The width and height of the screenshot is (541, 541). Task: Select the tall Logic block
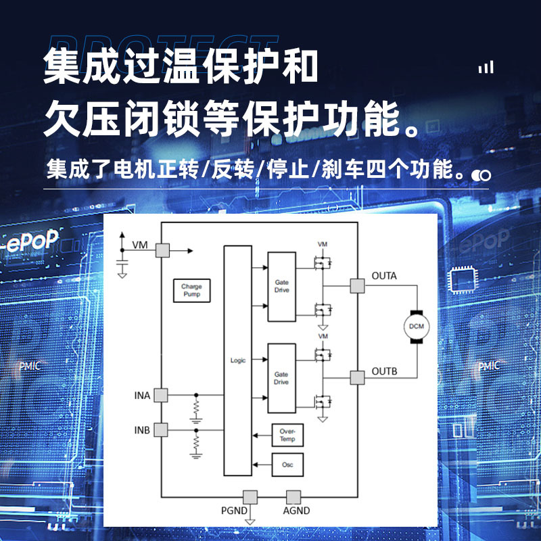[x=237, y=360]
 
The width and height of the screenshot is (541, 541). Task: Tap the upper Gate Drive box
[x=281, y=286]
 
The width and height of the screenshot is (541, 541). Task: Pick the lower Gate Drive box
[x=281, y=378]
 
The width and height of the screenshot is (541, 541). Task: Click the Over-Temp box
[x=287, y=436]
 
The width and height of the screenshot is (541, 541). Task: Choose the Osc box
[x=287, y=465]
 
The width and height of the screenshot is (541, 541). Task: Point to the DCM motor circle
[x=416, y=327]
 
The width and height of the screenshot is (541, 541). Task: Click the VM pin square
[x=162, y=250]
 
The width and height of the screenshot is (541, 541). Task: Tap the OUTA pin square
[x=356, y=286]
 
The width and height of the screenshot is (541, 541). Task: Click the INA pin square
[x=162, y=395]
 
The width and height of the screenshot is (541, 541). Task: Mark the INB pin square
[x=162, y=430]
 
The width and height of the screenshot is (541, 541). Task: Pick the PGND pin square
[x=250, y=497]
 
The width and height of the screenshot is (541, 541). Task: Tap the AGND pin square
[x=293, y=497]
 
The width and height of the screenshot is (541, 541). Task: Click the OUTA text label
[x=384, y=276]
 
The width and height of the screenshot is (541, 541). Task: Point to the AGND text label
[x=296, y=511]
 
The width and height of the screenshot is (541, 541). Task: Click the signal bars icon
[x=486, y=67]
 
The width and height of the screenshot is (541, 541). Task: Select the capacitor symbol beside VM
[x=122, y=259]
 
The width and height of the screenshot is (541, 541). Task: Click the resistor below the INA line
[x=197, y=408]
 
